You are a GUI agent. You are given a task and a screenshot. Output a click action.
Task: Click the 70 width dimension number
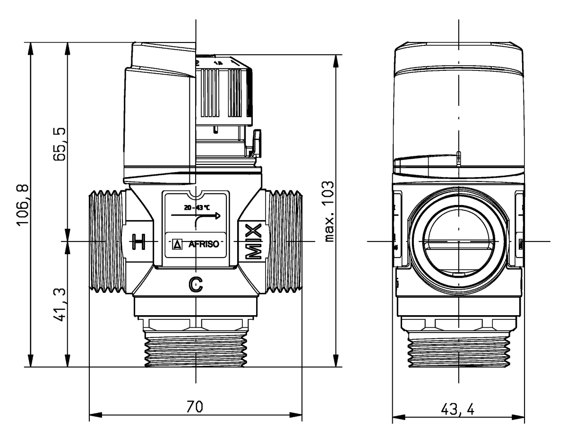(195, 407)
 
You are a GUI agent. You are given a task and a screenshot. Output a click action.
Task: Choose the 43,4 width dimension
(459, 409)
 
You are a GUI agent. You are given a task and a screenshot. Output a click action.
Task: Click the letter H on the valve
(138, 242)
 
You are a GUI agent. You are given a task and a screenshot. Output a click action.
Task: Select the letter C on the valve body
(196, 283)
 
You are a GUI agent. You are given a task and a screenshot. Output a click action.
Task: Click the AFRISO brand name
(203, 245)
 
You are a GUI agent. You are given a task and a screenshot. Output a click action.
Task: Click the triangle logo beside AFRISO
(178, 245)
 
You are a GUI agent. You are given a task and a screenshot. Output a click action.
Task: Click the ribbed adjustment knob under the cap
(222, 92)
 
